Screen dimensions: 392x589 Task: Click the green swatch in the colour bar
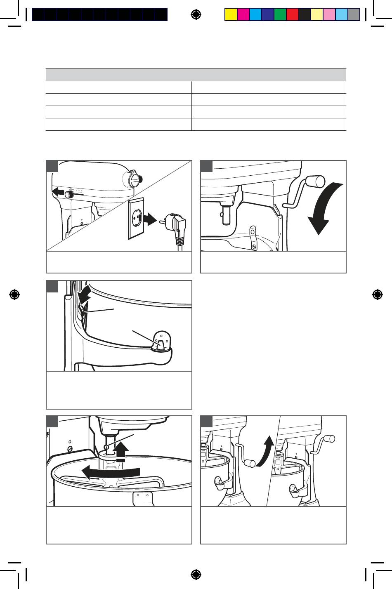click(280, 15)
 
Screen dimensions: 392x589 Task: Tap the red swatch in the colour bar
click(292, 15)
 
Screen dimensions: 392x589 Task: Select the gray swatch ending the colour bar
click(354, 15)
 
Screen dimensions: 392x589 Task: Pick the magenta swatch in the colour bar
click(243, 15)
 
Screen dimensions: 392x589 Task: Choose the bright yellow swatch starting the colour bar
click(231, 15)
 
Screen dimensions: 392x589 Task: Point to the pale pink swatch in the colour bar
click(329, 15)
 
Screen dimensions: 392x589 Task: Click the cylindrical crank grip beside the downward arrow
click(316, 181)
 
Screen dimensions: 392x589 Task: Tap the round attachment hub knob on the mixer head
click(133, 179)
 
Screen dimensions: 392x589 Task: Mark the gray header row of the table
click(196, 75)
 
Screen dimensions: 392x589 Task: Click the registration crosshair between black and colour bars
click(196, 15)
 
